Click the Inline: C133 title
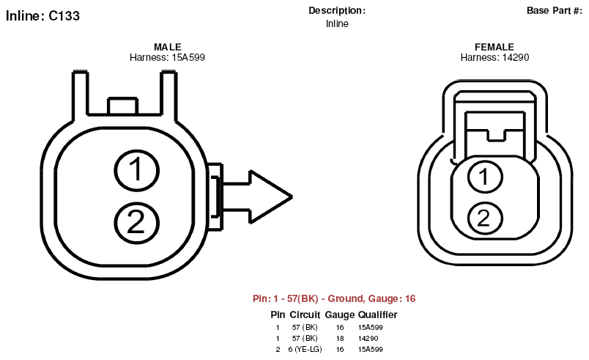[x=42, y=16]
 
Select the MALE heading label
[x=168, y=47]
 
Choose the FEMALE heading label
[x=494, y=47]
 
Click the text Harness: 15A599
[x=167, y=57]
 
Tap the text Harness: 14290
[x=494, y=57]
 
